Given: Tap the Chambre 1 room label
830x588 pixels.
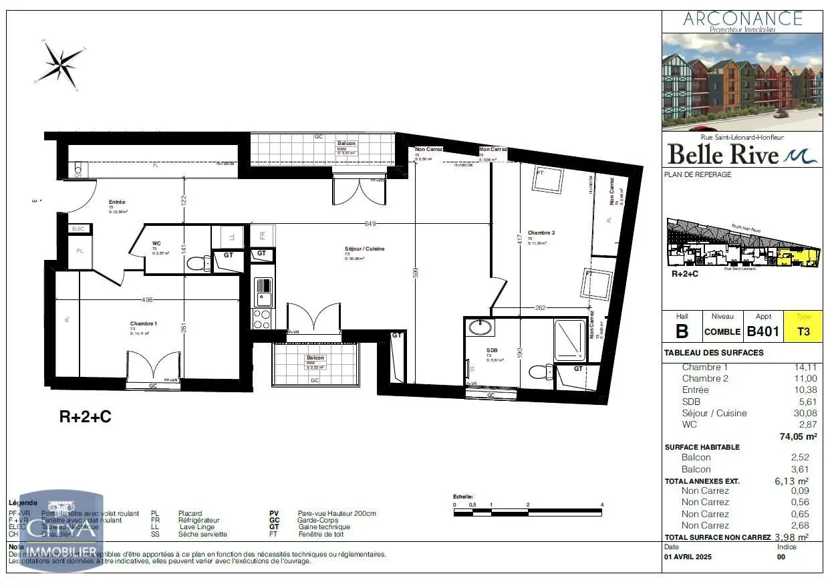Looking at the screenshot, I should (x=144, y=323).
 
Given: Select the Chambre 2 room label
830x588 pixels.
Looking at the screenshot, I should (x=541, y=233).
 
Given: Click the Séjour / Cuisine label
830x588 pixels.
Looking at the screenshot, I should (x=365, y=249).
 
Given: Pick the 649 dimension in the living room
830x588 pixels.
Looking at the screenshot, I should (x=371, y=224).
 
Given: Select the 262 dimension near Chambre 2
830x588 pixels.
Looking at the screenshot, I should (x=540, y=308).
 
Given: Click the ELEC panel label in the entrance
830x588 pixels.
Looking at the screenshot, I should (x=79, y=229).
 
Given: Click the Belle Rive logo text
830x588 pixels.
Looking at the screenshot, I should (x=723, y=155).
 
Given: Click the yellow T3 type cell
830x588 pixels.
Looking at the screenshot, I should (x=803, y=331).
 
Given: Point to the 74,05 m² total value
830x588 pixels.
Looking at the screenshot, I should (x=794, y=436).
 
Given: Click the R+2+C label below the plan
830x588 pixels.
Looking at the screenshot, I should (x=86, y=418).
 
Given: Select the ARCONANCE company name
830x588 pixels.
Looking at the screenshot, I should (x=742, y=18).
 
